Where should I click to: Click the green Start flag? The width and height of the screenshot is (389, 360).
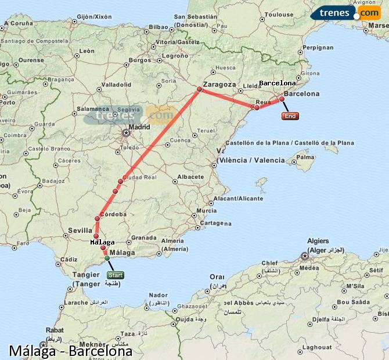pos(115,275)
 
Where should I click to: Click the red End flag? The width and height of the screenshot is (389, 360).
pos(290,116)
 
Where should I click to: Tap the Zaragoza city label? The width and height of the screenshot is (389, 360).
pos(219,84)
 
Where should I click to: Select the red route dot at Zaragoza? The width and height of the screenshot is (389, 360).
pos(199,89)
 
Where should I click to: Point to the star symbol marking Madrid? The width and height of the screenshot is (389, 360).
pos(126,133)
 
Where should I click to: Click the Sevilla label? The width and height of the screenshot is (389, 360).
pos(80,230)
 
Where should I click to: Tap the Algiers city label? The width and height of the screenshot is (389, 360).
pos(318,241)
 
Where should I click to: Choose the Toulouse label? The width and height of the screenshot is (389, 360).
pos(282,15)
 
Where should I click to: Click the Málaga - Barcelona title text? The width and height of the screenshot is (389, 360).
pos(70,351)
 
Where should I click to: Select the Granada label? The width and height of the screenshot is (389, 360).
pos(143,237)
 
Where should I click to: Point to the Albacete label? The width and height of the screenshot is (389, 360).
pos(190,177)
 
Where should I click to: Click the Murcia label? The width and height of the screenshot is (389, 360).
pos(206,210)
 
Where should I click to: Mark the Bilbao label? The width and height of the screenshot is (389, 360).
pos(158,27)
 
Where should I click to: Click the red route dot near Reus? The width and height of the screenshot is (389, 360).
pos(257,107)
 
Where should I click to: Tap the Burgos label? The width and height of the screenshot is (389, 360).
pos(139,60)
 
